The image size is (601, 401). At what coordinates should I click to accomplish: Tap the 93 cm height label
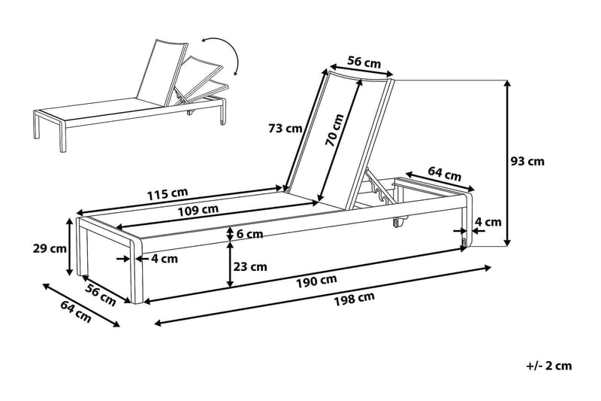[527, 160]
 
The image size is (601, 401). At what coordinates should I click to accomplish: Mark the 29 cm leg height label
[50, 248]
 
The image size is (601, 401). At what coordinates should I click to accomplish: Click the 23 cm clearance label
[251, 266]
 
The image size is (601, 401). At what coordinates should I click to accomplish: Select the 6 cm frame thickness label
[249, 234]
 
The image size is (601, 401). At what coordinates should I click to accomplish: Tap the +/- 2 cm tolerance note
[549, 366]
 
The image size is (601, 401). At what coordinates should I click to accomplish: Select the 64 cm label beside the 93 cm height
[444, 174]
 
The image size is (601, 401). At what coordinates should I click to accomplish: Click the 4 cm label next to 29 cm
[164, 259]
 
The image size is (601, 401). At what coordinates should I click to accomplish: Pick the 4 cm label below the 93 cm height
[488, 222]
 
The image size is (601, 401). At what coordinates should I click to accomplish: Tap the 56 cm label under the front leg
[99, 296]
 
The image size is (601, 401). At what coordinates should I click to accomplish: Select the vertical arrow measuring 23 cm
[229, 266]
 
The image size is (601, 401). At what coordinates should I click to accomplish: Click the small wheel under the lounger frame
[397, 223]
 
